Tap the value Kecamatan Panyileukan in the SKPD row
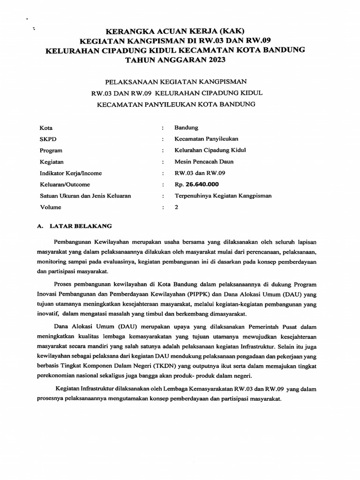[x=206, y=139]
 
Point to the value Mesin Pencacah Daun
[x=203, y=162]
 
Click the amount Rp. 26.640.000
[x=196, y=184]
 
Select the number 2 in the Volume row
[x=177, y=207]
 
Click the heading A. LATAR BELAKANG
[x=74, y=226]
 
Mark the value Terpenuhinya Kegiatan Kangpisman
[x=223, y=195]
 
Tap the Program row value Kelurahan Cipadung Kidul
[x=210, y=150]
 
